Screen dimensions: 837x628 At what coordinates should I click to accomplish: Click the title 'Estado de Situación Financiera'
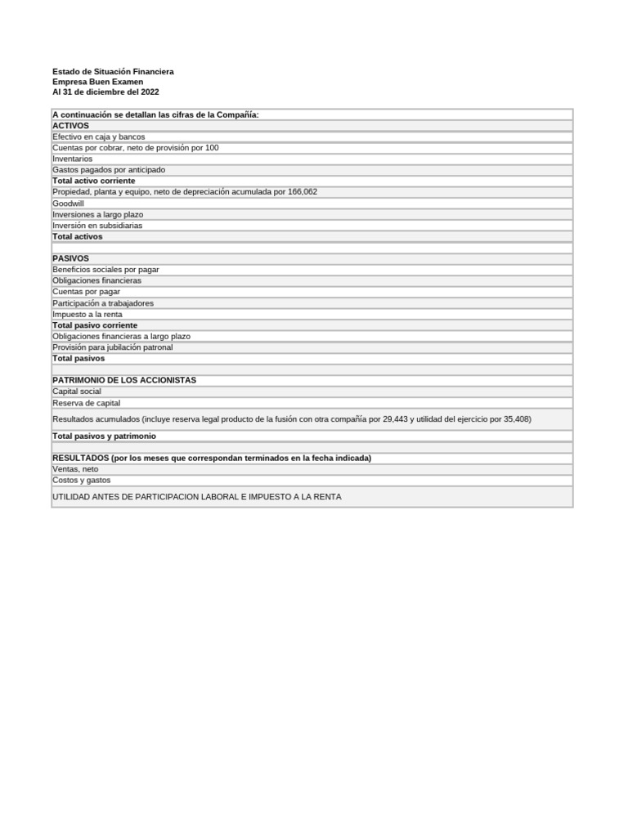coord(113,72)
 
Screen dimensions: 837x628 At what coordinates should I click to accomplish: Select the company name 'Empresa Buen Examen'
coord(97,82)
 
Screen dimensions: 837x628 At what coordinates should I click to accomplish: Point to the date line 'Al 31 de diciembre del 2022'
coord(105,92)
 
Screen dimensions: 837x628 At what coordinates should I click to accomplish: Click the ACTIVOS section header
coord(70,126)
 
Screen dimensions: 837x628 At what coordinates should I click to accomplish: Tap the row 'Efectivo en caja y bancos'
coord(98,137)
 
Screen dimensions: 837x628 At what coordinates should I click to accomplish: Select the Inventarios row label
coord(72,159)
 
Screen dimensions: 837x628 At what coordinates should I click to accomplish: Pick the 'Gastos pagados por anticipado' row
coord(108,170)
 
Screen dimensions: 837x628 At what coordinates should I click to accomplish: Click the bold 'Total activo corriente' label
coord(93,181)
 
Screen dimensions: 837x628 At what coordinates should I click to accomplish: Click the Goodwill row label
coord(68,203)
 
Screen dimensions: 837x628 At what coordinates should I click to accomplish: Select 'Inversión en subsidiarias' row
coord(96,226)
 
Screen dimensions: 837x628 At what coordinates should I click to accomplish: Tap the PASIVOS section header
coord(70,258)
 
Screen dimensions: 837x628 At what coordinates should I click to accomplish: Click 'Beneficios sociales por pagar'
coord(105,269)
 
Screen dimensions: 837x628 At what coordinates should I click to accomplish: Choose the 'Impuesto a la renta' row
coord(87,314)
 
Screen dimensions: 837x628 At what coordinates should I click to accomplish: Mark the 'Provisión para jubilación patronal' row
coord(112,347)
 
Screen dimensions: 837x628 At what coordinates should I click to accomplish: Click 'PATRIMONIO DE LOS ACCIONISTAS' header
coord(123,380)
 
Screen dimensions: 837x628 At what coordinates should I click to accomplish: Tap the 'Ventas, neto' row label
coord(75,469)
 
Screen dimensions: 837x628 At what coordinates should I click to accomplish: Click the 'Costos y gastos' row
coord(81,481)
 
